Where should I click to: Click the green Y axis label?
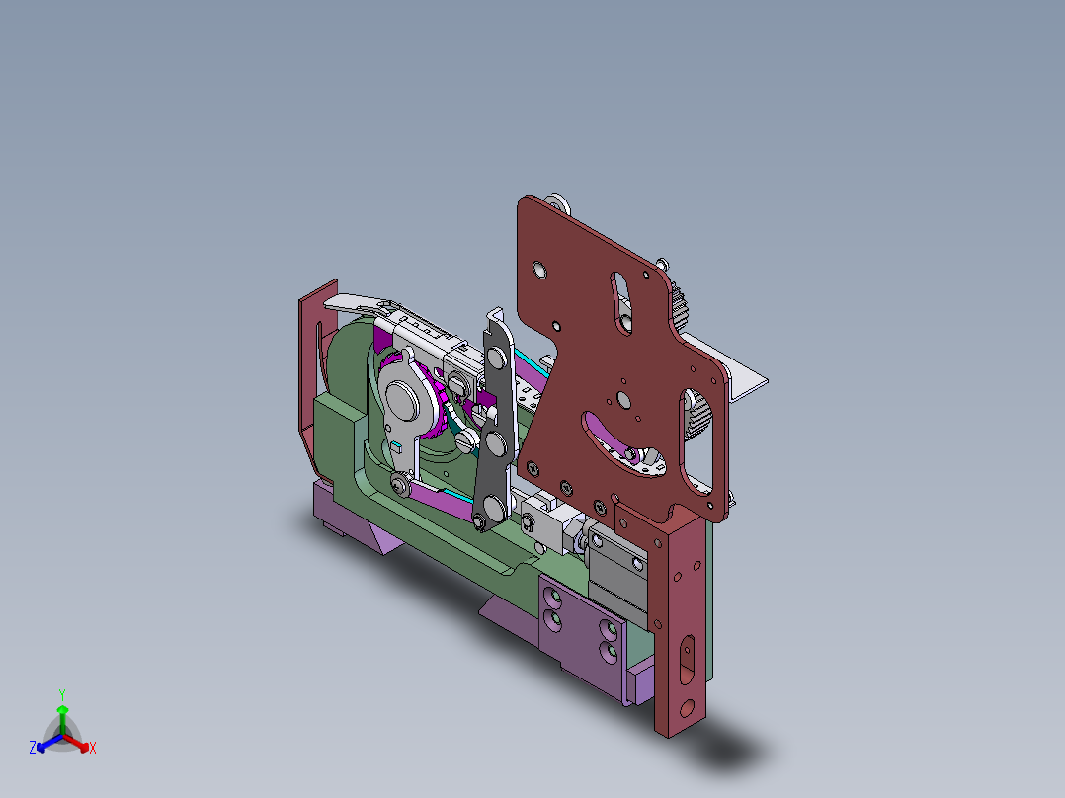62,694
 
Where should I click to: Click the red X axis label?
92,749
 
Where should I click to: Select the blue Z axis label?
33,749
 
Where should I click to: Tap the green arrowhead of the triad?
62,709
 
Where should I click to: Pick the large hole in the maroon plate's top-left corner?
539,269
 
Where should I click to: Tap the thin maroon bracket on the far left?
309,365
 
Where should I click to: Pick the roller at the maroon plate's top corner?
558,204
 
